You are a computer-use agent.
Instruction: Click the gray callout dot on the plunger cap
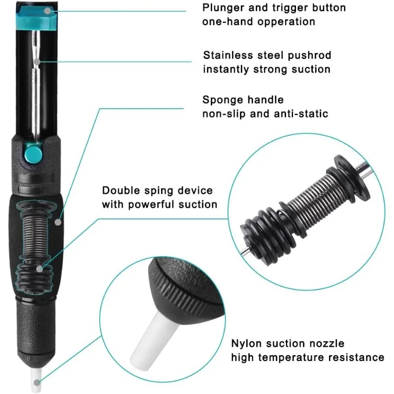[47, 10]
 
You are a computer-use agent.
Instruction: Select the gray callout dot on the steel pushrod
[37, 62]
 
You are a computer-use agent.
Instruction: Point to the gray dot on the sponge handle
[58, 222]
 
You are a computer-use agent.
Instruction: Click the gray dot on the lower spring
[39, 269]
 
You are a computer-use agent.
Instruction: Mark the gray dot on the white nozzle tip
[37, 383]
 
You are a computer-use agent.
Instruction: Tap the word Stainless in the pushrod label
[228, 55]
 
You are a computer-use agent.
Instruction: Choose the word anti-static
[301, 114]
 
